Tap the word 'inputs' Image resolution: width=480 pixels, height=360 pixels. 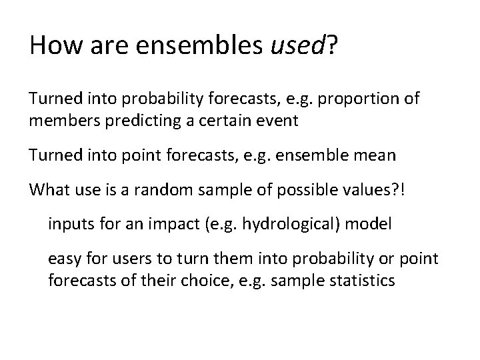(x=67, y=225)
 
